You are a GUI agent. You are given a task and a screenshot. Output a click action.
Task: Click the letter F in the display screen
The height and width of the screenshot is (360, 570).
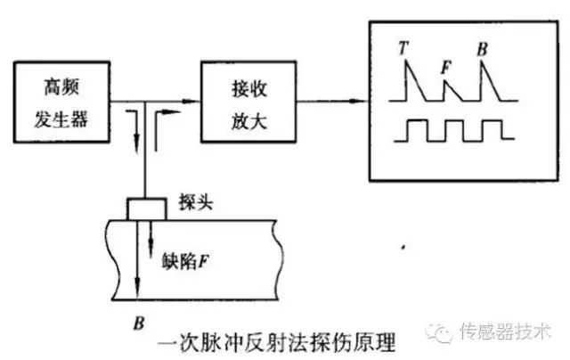pyautogui.click(x=444, y=66)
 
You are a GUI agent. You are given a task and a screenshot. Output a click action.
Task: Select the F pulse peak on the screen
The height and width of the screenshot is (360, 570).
pyautogui.click(x=446, y=79)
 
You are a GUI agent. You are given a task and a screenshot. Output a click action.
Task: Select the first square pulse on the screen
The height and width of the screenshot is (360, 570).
pyautogui.click(x=416, y=129)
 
